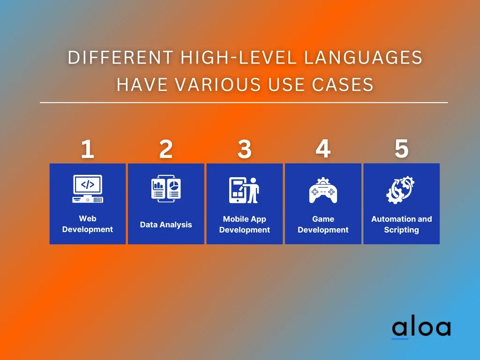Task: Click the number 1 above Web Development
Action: tap(87, 150)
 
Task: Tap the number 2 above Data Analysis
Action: tap(166, 150)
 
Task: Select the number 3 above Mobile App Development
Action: tap(244, 150)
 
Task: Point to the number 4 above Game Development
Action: tap(322, 149)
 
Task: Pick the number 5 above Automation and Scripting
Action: tap(401, 149)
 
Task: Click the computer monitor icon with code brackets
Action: tap(88, 188)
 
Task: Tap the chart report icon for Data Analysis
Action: tap(166, 189)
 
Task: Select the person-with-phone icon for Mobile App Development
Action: tap(244, 190)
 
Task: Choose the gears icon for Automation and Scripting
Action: tap(401, 190)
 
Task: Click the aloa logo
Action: tap(421, 328)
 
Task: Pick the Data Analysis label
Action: tap(166, 225)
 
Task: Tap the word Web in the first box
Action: tap(88, 218)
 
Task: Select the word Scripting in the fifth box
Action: tap(401, 230)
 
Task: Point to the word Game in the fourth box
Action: tap(323, 219)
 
